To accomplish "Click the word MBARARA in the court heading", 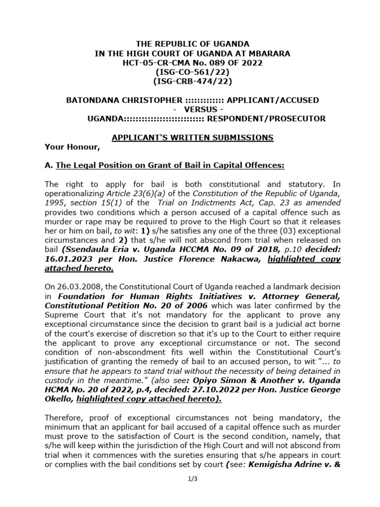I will click(x=272, y=53).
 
